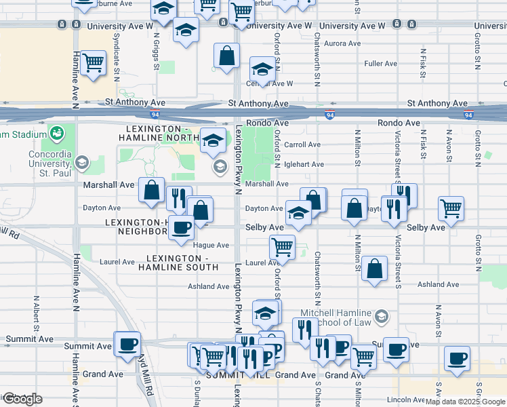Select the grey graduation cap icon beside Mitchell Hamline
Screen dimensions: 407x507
click(382, 316)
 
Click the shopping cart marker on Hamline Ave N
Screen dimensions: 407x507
click(94, 64)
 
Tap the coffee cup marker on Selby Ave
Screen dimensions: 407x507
click(180, 228)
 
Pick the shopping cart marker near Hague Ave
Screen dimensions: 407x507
click(282, 246)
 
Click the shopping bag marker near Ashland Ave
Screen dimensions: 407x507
click(374, 269)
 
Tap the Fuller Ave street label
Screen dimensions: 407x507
click(380, 64)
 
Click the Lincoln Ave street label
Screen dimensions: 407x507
click(408, 400)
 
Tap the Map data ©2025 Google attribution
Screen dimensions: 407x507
click(465, 402)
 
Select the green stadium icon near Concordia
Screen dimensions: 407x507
click(56, 130)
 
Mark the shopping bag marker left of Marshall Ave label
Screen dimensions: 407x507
click(151, 191)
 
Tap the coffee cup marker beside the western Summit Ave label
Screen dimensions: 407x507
click(127, 344)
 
